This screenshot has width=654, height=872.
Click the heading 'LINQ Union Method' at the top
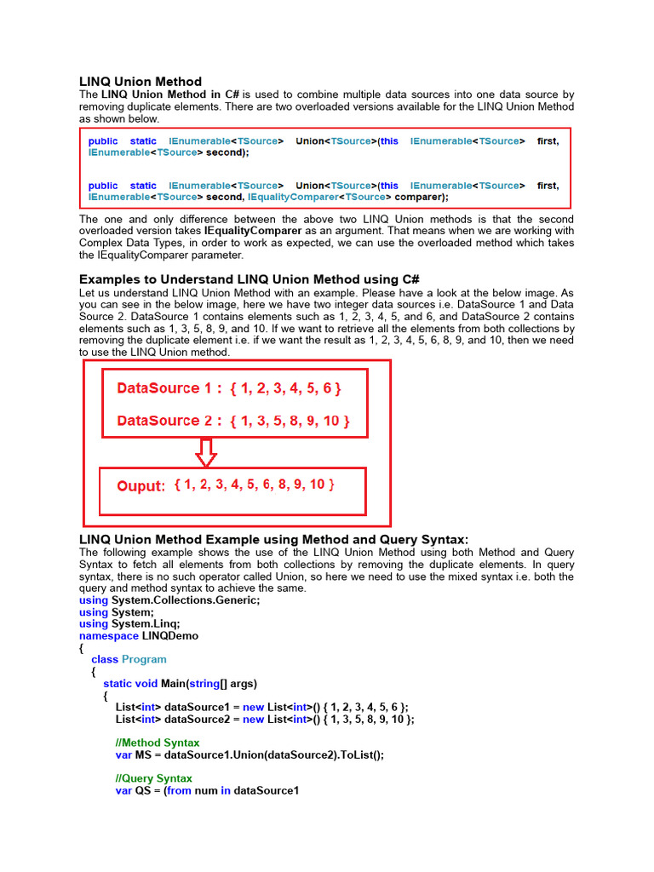click(141, 82)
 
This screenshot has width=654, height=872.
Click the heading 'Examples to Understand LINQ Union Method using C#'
click(250, 279)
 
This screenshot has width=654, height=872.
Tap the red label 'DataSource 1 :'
click(169, 388)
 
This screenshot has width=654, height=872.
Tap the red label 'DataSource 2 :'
click(169, 421)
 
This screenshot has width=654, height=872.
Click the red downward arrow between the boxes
click(205, 452)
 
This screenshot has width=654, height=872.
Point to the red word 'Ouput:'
click(141, 486)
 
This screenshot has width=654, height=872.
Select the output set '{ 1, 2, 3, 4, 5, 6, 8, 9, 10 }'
click(254, 485)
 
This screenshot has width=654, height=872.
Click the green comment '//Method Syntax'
click(158, 743)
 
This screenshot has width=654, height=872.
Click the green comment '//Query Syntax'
click(153, 778)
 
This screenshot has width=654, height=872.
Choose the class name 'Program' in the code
click(144, 659)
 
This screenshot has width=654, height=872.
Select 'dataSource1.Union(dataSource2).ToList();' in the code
click(274, 754)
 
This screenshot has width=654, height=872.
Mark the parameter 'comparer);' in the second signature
click(422, 197)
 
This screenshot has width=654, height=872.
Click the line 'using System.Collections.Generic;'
click(169, 599)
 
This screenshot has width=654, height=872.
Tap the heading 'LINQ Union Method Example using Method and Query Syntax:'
click(273, 539)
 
